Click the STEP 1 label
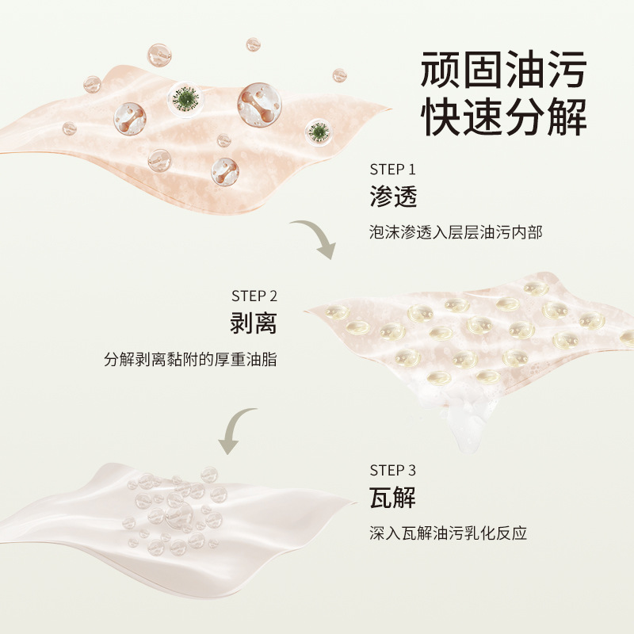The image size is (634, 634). point(392,169)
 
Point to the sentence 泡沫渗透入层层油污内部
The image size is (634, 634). point(456,233)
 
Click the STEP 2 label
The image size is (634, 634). point(254,296)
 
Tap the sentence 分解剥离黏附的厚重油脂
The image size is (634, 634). point(191,360)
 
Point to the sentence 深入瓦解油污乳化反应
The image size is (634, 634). point(448,533)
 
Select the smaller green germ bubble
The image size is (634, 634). point(319,132)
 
